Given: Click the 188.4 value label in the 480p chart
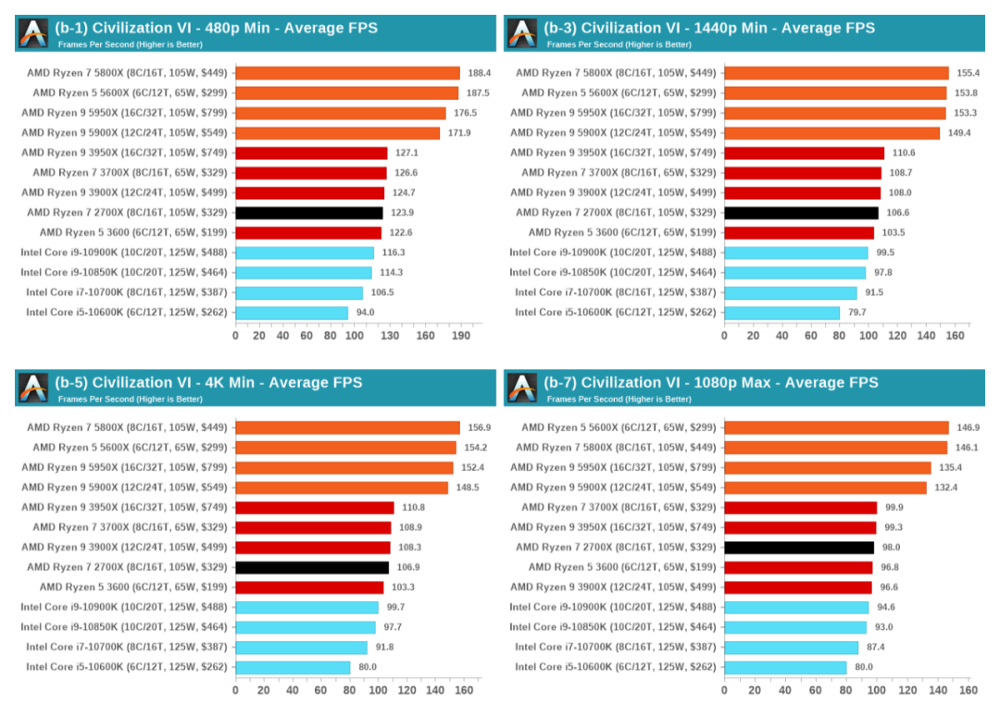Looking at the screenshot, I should coord(479,73).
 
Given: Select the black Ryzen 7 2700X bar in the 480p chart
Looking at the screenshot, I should coord(308,213).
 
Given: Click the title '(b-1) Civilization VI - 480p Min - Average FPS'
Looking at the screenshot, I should coord(216,28).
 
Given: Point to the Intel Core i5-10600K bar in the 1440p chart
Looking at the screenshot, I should coord(781,313).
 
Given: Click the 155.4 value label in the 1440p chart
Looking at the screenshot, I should coord(968,73).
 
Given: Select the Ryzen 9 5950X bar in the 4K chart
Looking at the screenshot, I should coord(344,467).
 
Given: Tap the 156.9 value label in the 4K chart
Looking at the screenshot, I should coord(479,427).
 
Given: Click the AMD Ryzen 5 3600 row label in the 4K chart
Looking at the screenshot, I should coord(133,587).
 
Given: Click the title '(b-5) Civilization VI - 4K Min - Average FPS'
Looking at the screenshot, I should coord(208,382).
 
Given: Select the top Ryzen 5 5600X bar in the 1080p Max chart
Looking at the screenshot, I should coord(836,427).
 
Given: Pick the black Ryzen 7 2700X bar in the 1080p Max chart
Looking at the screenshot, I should coord(798,548).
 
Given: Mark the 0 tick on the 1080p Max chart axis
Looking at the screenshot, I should coord(724,690).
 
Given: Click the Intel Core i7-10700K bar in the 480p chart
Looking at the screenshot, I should coord(298,292).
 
